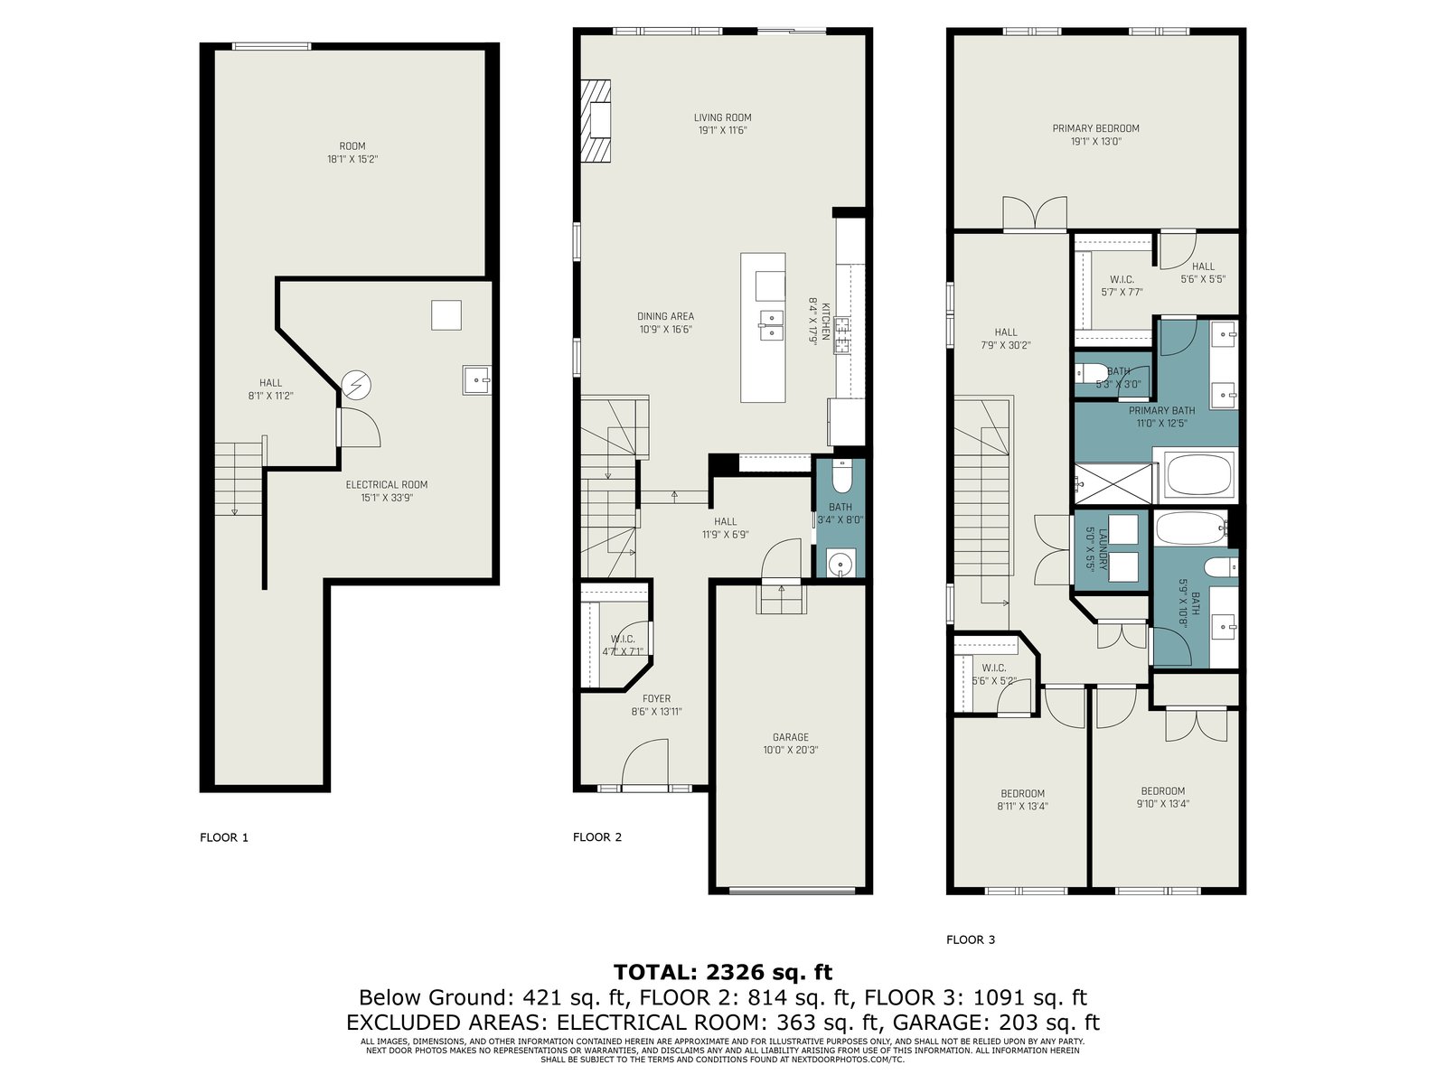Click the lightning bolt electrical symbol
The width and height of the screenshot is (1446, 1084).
(x=356, y=386)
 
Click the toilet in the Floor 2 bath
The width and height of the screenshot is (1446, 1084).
(x=842, y=477)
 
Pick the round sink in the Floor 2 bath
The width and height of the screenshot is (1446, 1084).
(x=841, y=565)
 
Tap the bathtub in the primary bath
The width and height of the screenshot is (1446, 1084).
(x=1199, y=475)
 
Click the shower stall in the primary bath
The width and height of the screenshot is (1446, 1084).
(x=1114, y=484)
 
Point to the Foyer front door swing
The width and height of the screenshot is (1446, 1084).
(x=645, y=762)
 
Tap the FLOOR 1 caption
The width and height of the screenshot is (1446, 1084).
(x=224, y=838)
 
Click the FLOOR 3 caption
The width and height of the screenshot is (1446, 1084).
(x=971, y=939)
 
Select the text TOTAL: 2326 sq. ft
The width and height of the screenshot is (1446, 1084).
(x=723, y=972)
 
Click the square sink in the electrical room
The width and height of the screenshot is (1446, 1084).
(x=477, y=379)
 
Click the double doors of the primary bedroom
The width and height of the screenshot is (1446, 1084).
(x=1034, y=212)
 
